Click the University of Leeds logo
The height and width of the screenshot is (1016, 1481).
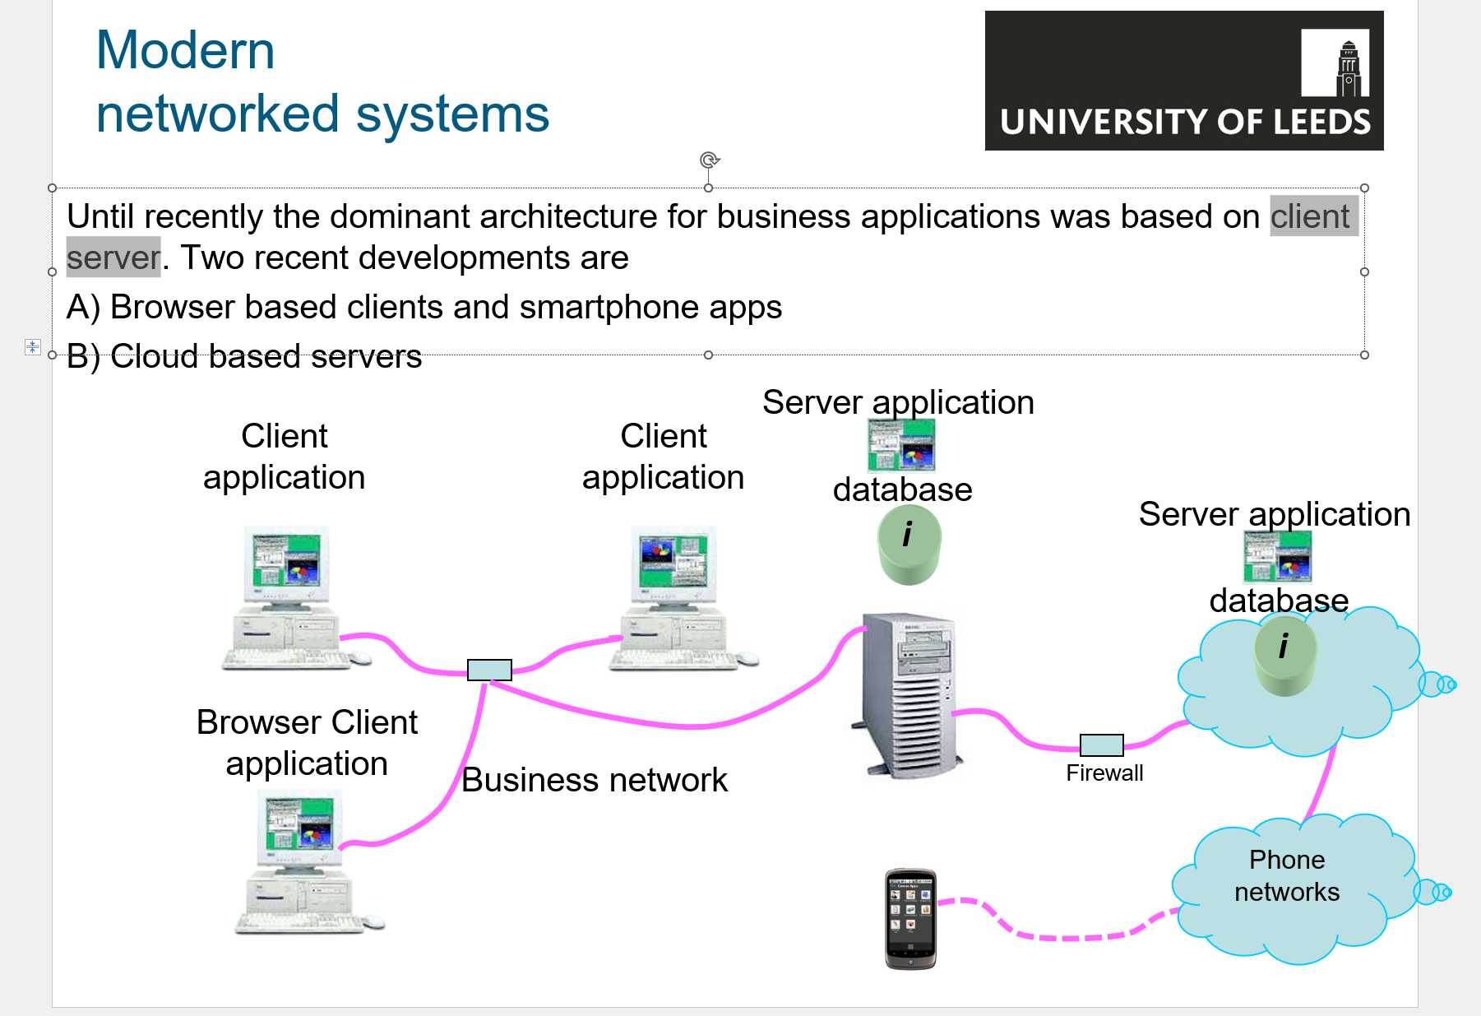click(x=1183, y=81)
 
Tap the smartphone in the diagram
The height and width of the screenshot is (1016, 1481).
click(x=910, y=919)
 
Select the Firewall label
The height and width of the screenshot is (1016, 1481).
click(x=1104, y=773)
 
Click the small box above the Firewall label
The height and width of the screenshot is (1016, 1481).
click(x=1101, y=745)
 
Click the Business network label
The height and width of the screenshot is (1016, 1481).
click(x=594, y=780)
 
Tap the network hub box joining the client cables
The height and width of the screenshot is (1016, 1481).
click(x=489, y=670)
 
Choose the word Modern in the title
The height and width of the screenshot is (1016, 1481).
click(x=185, y=50)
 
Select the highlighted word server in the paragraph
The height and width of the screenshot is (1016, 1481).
click(x=113, y=257)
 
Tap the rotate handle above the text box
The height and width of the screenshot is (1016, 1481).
click(x=709, y=160)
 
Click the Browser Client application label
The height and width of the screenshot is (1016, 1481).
click(x=307, y=742)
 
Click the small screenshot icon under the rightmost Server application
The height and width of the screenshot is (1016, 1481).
click(x=1277, y=557)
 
